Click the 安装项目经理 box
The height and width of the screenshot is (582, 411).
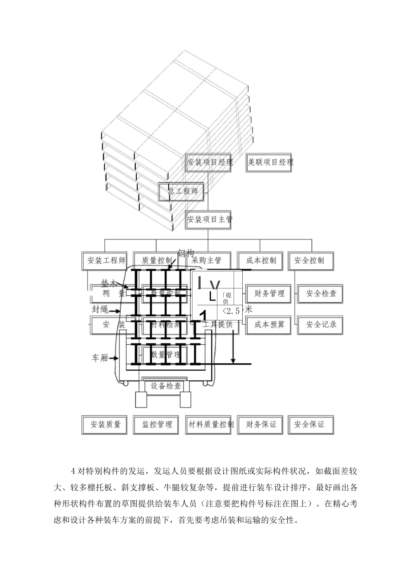(210, 162)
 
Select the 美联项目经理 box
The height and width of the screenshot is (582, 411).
(270, 162)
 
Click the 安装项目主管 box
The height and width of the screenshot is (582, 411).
(210, 220)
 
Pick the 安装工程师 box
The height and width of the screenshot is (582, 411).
(106, 261)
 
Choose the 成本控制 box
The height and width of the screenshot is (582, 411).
(261, 261)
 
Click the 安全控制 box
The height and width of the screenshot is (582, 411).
(309, 261)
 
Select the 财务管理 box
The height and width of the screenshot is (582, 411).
(270, 294)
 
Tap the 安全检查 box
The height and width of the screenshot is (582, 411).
(321, 294)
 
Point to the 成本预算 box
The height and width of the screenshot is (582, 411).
(270, 324)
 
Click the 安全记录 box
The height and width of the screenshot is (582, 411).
(321, 324)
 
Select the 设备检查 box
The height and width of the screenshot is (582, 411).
(166, 386)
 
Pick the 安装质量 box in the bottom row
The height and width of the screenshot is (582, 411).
(105, 424)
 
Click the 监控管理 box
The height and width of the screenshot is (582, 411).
(157, 424)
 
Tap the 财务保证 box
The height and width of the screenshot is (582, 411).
(261, 424)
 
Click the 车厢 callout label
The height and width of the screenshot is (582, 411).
(100, 358)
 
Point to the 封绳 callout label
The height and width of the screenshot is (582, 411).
(100, 310)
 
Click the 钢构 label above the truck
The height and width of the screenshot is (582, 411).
(186, 254)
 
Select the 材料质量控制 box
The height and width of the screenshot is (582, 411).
(210, 424)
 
